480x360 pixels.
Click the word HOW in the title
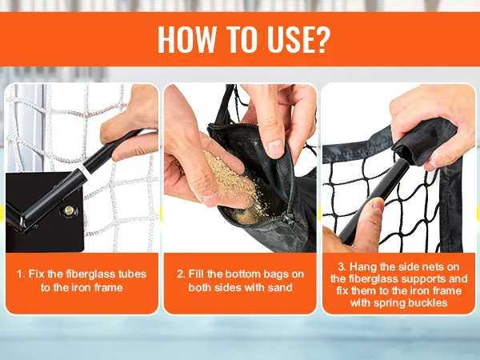186,39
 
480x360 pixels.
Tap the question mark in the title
322,39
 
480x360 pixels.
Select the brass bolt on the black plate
69,210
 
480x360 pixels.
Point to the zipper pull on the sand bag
288,219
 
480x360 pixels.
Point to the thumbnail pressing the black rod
378,206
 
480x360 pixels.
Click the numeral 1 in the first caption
20,274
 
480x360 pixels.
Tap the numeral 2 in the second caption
181,274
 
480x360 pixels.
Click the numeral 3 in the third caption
342,266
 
